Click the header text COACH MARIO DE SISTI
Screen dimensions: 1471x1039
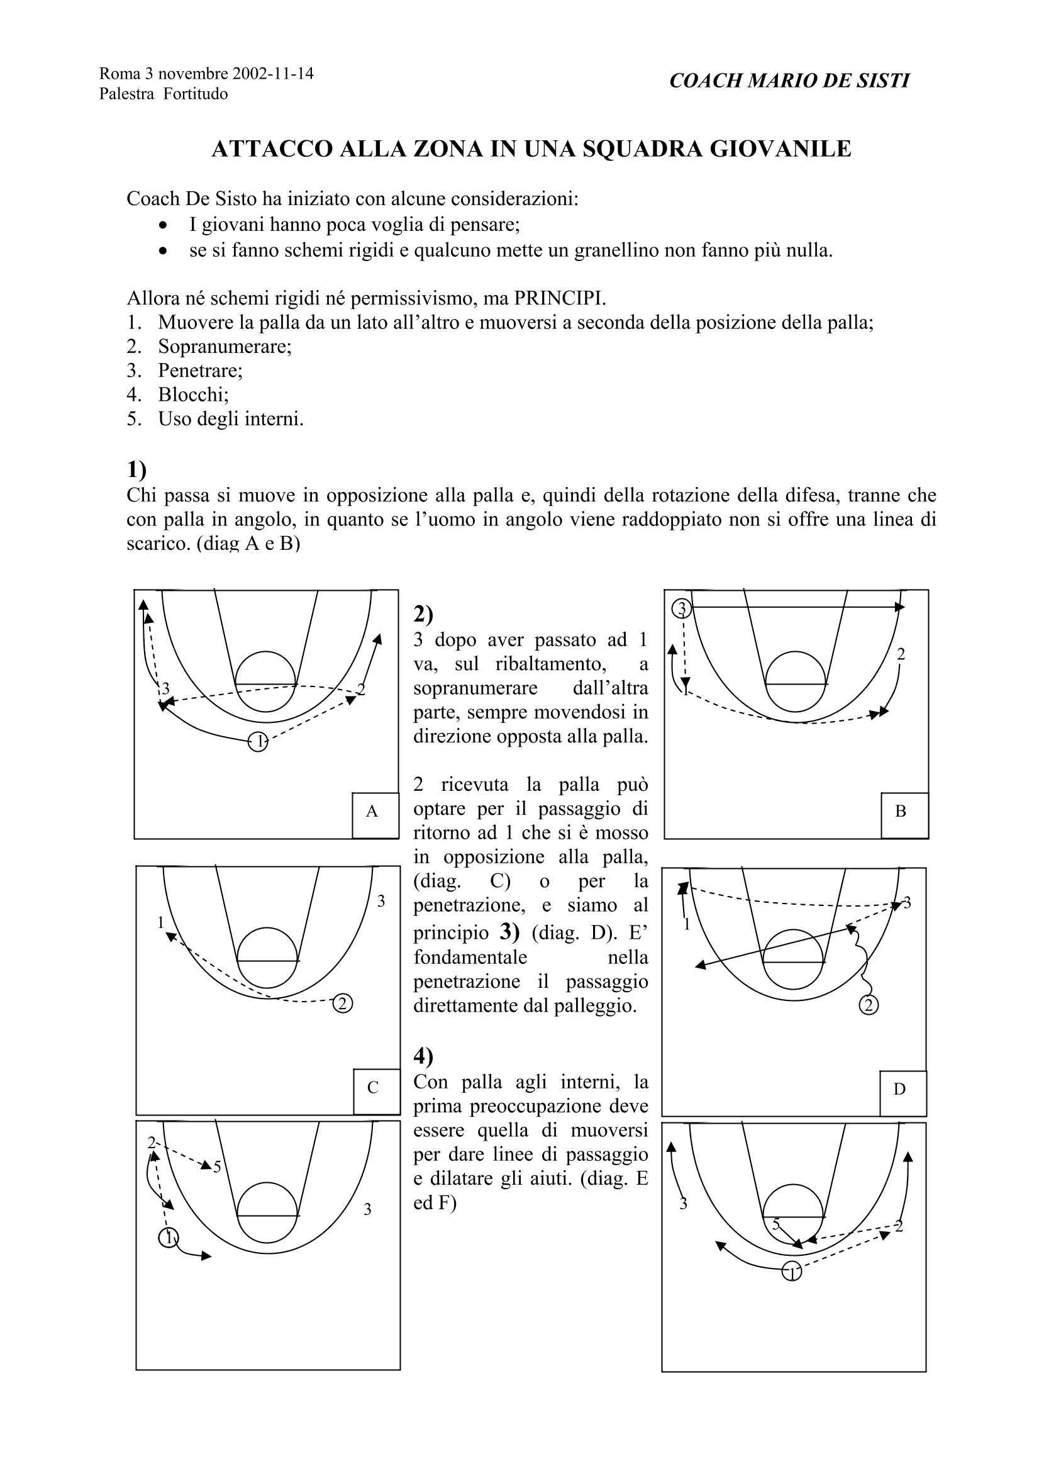coord(789,81)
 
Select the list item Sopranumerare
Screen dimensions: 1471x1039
coord(224,347)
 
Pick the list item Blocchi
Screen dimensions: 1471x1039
coord(193,394)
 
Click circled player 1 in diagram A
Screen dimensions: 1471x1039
coord(257,742)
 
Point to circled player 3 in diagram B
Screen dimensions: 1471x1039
coord(682,608)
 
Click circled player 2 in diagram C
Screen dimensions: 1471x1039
coord(343,1004)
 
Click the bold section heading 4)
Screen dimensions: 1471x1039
coord(423,1055)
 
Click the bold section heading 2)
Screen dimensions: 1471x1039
coord(423,614)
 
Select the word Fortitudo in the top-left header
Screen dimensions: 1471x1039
coord(196,94)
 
